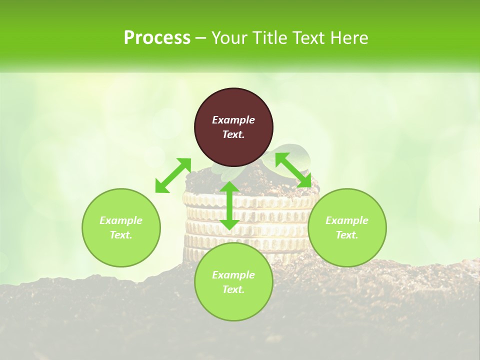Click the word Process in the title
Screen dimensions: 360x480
coord(157,37)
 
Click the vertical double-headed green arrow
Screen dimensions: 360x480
coord(229,205)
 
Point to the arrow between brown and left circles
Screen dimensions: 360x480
coord(173,175)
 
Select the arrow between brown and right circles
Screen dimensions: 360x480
coord(293,170)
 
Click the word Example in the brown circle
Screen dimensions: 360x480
coord(233,120)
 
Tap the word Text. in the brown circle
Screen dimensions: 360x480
coord(233,134)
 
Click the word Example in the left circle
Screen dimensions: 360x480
coord(121,220)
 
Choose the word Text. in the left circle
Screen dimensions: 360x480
coord(121,235)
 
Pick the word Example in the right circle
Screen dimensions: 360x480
coord(347,220)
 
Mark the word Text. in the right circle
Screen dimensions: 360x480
coord(347,235)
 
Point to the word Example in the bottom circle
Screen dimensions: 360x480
coord(233,275)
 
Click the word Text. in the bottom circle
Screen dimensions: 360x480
coord(233,289)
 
